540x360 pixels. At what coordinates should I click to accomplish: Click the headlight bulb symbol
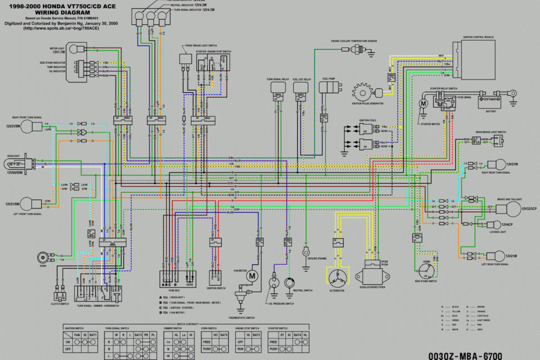tap(13, 164)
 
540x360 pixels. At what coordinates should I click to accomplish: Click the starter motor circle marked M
tap(423, 103)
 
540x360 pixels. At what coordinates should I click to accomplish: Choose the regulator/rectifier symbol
tap(372, 273)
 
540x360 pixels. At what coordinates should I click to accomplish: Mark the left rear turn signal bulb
tap(495, 256)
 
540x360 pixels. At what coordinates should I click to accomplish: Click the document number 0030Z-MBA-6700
tap(465, 355)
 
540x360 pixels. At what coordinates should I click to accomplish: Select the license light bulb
tap(494, 225)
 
